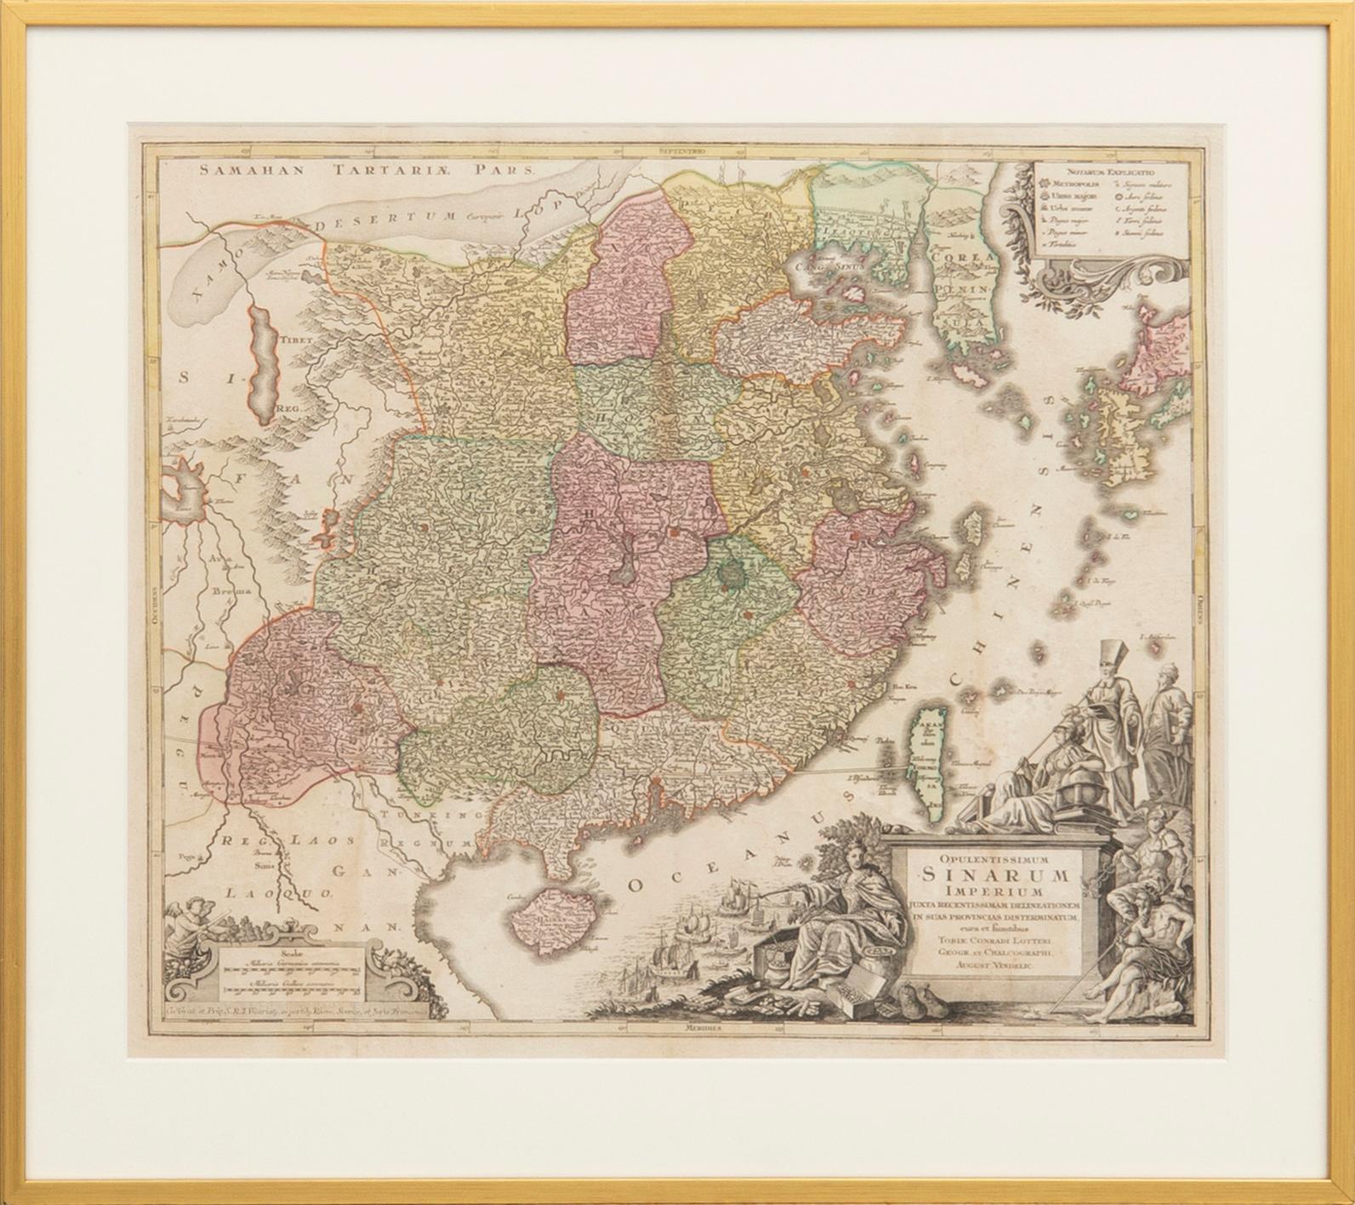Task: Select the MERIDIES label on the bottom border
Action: (709, 1027)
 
